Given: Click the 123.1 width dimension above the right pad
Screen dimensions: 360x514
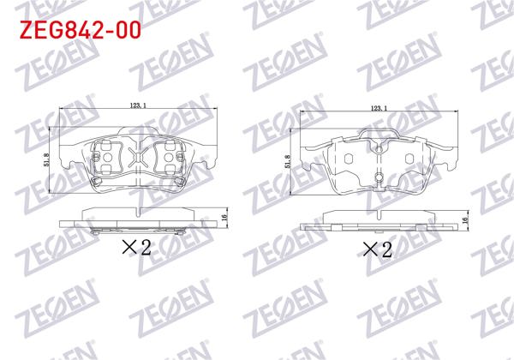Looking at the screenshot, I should (380, 107).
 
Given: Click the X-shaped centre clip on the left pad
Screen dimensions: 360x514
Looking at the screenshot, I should (139, 158).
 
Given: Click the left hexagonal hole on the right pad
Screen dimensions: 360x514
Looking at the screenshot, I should (349, 159).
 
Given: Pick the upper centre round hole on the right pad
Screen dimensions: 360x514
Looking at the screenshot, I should (379, 146).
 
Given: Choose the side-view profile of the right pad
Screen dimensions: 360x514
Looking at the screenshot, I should (380, 222).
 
